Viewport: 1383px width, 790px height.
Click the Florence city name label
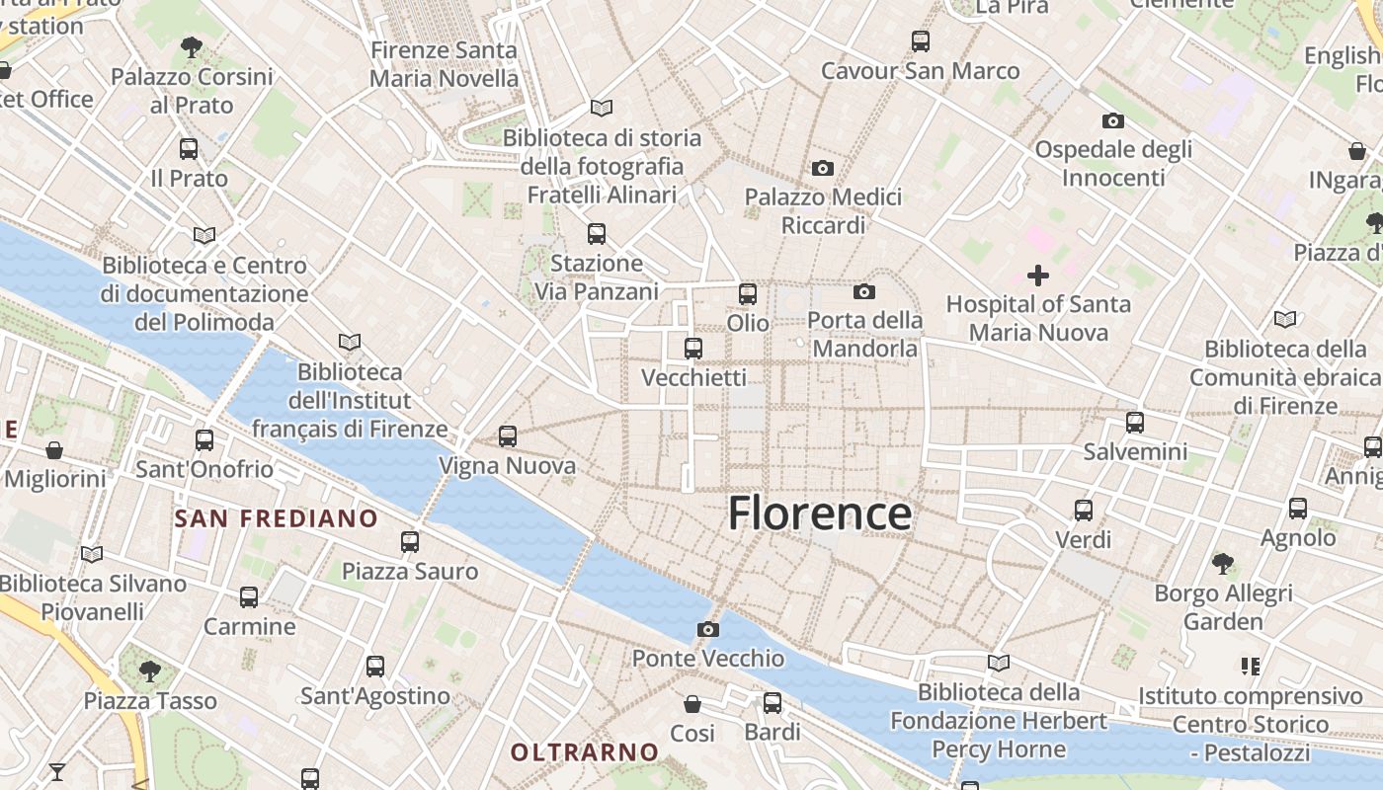pos(819,513)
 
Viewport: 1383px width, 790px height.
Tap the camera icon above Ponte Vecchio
pos(707,629)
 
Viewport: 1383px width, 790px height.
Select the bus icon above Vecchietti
pos(693,348)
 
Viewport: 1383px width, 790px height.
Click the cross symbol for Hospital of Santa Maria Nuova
pos(1037,275)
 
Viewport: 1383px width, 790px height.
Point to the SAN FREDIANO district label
pos(277,518)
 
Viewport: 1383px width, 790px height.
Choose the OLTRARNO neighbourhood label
pos(584,752)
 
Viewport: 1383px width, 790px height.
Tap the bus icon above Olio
pos(748,293)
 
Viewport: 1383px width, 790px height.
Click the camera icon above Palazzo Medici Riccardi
pos(822,168)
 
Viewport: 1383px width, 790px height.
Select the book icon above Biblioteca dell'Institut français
pos(349,342)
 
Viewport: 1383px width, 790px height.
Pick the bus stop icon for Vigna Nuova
pos(508,435)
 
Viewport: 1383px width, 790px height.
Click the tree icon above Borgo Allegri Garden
pos(1223,564)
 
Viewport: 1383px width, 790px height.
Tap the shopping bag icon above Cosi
pos(692,704)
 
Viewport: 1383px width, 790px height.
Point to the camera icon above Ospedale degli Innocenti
pos(1113,120)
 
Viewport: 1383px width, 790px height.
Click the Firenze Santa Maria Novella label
pos(444,64)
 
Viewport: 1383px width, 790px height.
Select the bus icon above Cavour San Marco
pos(921,40)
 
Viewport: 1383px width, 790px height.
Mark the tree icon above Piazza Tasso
pos(149,671)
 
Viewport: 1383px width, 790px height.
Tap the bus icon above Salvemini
pos(1135,422)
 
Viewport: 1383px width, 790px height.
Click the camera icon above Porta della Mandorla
pos(864,291)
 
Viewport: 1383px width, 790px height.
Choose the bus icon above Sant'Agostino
pos(374,666)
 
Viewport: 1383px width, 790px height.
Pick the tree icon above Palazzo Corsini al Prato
pos(192,46)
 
